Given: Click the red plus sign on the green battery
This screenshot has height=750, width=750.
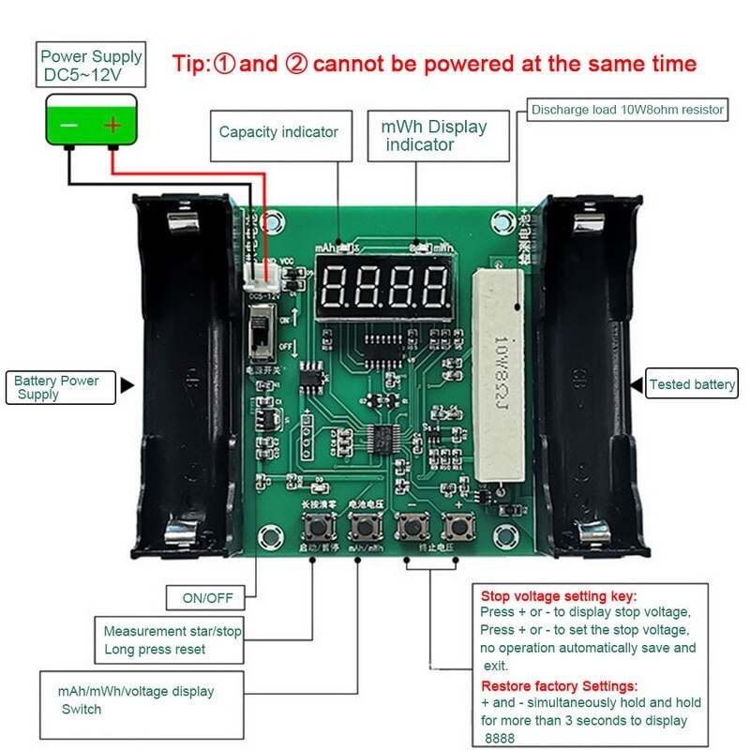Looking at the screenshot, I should pyautogui.click(x=113, y=124).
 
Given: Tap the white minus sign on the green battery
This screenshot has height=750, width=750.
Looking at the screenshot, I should pyautogui.click(x=69, y=124).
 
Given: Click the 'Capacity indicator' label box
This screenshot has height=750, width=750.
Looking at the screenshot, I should pyautogui.click(x=278, y=132).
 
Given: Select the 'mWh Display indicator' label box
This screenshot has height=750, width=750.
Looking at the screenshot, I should pyautogui.click(x=433, y=136).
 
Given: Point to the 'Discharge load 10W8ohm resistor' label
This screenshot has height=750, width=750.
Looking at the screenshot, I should pyautogui.click(x=627, y=110).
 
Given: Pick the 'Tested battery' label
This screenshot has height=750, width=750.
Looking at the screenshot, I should pyautogui.click(x=692, y=384).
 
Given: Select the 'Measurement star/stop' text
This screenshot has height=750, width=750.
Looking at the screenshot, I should pyautogui.click(x=172, y=631).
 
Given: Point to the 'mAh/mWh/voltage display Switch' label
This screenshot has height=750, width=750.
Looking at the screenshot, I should pyautogui.click(x=137, y=699).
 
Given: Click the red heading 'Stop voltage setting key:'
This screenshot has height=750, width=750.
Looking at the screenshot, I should pyautogui.click(x=559, y=596).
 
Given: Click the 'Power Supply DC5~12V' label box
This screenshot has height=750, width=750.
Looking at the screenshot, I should pyautogui.click(x=91, y=65).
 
